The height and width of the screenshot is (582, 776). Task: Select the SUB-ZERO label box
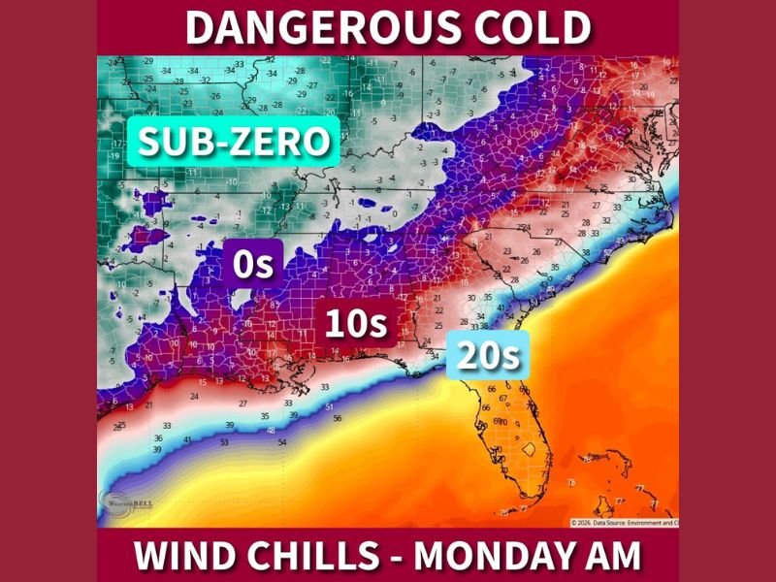pos(233,143)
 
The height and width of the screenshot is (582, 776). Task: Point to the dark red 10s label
pos(355,324)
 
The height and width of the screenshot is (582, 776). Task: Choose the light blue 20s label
pos(489,356)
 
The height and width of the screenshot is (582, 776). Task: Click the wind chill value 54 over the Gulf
pos(282,442)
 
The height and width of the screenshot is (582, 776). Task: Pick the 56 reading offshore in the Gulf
pos(337,418)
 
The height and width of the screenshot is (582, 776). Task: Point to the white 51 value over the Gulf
pos(330,406)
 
